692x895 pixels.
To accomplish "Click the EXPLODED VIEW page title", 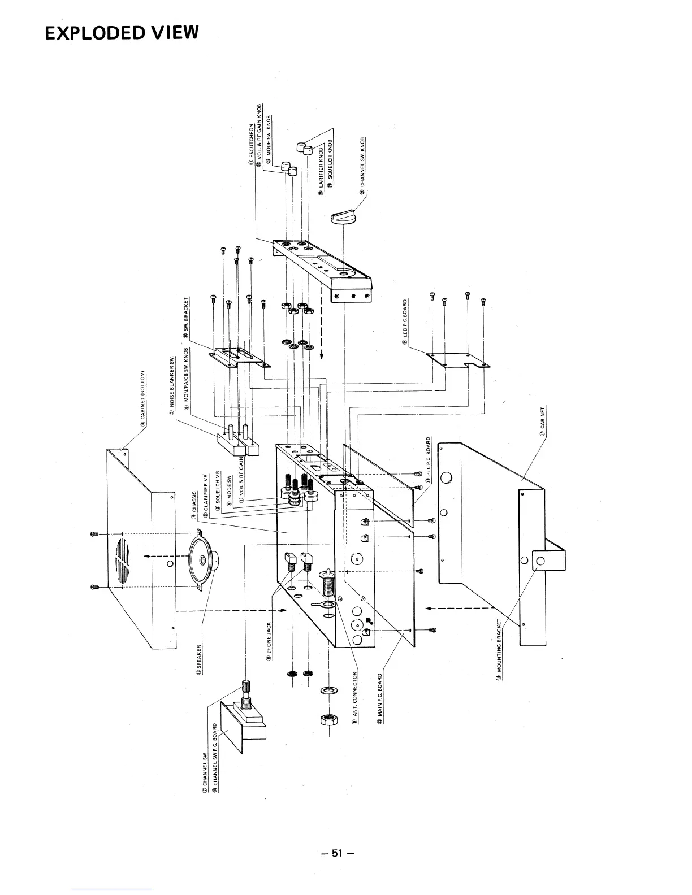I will [x=122, y=33].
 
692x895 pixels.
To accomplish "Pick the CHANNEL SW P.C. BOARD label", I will [x=215, y=757].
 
